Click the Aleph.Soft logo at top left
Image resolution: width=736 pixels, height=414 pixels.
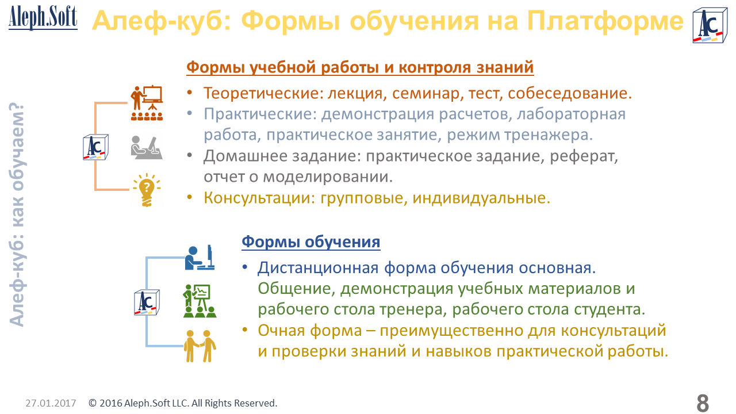(43, 18)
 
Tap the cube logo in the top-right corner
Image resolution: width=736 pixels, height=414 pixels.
(710, 25)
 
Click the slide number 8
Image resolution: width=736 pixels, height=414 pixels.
(703, 403)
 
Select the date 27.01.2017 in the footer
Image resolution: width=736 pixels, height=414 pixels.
(51, 403)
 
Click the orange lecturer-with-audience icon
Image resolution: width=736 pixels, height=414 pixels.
(147, 103)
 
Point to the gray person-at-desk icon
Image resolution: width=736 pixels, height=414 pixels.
(147, 148)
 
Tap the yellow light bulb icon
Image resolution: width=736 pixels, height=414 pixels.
(147, 190)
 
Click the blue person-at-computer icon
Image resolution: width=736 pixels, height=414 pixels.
(200, 258)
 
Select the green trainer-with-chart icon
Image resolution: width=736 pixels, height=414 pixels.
(200, 301)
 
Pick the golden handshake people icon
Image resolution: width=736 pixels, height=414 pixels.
(200, 346)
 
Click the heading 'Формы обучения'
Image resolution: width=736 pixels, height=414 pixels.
(311, 242)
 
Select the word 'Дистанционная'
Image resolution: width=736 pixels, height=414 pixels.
(318, 268)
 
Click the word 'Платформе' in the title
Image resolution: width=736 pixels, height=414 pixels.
(605, 21)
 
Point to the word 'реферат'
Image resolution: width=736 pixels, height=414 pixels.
(584, 156)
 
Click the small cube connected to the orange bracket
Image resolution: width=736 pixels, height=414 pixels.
(95, 147)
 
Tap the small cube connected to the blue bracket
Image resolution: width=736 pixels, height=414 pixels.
(147, 302)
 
